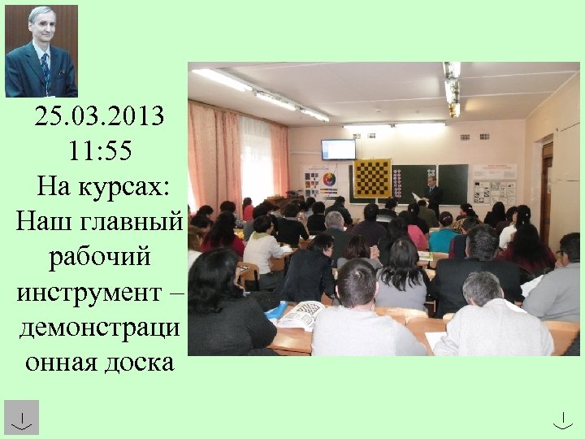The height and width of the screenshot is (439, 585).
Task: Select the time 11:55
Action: click(99, 150)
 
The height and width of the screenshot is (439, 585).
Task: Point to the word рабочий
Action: click(99, 255)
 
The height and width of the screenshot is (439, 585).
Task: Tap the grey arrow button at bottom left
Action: click(21, 417)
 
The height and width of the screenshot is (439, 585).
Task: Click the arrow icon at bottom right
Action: click(563, 419)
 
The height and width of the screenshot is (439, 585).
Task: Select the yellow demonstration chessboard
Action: click(372, 178)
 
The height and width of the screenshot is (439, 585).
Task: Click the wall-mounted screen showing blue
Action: click(338, 150)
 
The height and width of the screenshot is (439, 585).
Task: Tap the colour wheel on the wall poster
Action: click(329, 179)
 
